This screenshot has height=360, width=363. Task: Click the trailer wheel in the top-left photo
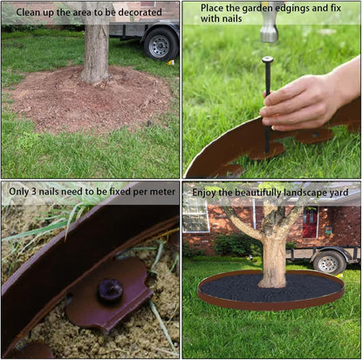[x=161, y=44]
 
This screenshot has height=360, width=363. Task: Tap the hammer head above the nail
[x=269, y=28]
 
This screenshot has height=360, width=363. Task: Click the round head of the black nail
[x=267, y=60]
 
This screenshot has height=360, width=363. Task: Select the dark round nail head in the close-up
[x=110, y=290]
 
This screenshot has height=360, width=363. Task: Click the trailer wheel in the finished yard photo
[x=328, y=263]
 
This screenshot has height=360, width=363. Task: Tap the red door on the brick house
[x=310, y=222]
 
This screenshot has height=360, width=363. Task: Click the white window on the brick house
[x=195, y=216]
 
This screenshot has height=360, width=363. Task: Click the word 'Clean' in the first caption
[x=26, y=12]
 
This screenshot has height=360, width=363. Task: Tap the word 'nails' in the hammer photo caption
[x=231, y=18]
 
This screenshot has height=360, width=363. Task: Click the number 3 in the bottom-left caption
[x=33, y=192]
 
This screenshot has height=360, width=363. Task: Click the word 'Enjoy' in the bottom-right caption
[x=203, y=193]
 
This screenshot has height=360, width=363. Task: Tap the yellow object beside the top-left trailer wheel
[x=171, y=62]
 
